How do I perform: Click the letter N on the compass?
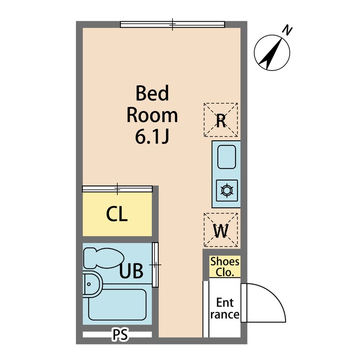click(287, 30)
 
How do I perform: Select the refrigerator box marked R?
click(221, 120)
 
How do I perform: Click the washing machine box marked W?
click(221, 230)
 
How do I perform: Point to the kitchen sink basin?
click(226, 156)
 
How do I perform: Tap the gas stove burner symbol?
click(226, 190)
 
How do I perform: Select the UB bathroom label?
click(131, 271)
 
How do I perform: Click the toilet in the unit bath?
click(103, 258)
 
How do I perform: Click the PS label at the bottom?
click(120, 335)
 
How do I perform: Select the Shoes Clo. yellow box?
click(225, 267)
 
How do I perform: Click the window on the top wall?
click(173, 24)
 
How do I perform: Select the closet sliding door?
click(117, 188)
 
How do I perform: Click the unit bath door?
click(155, 265)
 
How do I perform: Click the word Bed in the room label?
click(152, 93)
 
